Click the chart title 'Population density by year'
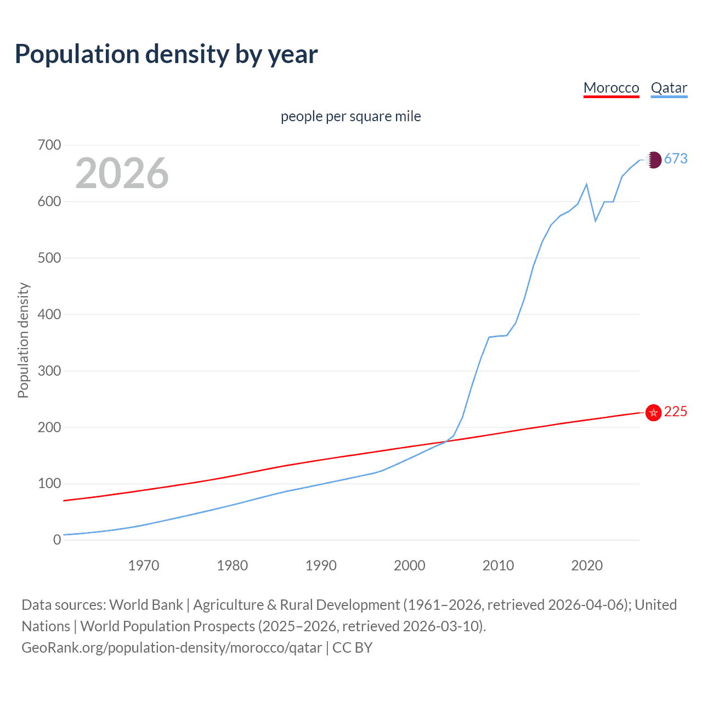pyautogui.click(x=166, y=54)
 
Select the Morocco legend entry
pyautogui.click(x=611, y=88)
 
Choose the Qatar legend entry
pyautogui.click(x=669, y=88)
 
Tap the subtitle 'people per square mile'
pyautogui.click(x=350, y=117)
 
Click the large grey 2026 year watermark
pyautogui.click(x=122, y=173)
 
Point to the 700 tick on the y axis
pyautogui.click(x=49, y=145)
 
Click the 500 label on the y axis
pyautogui.click(x=49, y=258)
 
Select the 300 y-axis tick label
pyautogui.click(x=49, y=371)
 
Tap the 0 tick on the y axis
pyautogui.click(x=57, y=540)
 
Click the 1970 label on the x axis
pyautogui.click(x=144, y=565)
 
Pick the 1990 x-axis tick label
pyautogui.click(x=321, y=565)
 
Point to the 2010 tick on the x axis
pyautogui.click(x=498, y=565)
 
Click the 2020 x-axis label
pyautogui.click(x=587, y=565)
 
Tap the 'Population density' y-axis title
pyautogui.click(x=23, y=340)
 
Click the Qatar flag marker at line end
pyautogui.click(x=653, y=160)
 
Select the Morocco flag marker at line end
pyautogui.click(x=653, y=412)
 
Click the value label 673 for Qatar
pyautogui.click(x=676, y=159)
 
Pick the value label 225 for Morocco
pyautogui.click(x=676, y=412)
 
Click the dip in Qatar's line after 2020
pyautogui.click(x=596, y=221)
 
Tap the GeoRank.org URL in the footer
pyautogui.click(x=172, y=648)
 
